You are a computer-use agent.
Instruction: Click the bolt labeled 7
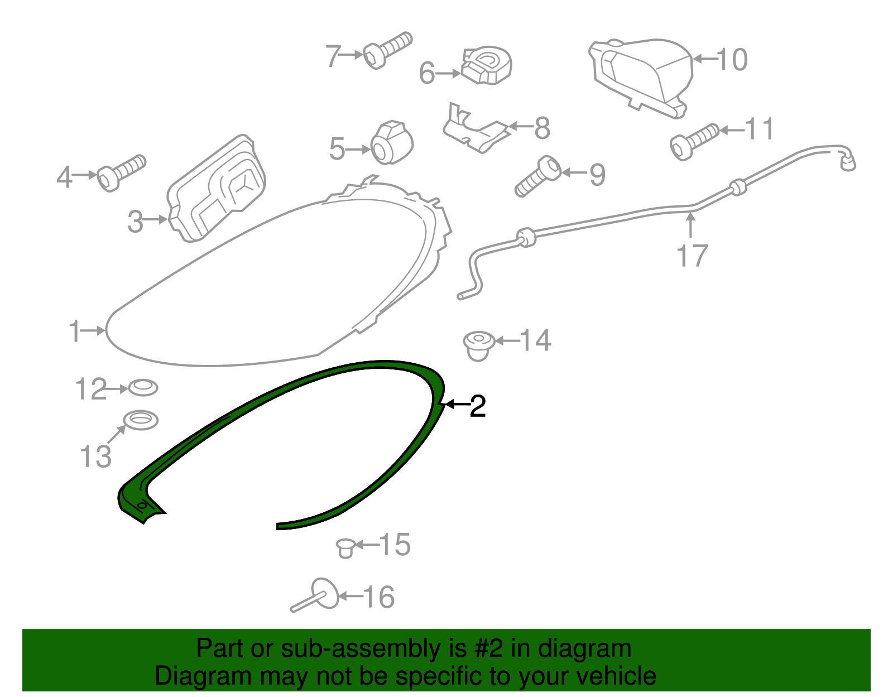[x=386, y=50]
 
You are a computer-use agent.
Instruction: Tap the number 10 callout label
[x=732, y=59]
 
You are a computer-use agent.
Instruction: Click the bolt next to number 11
[x=693, y=141]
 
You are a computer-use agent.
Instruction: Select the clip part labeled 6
[x=487, y=66]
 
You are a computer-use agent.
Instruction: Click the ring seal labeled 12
[x=143, y=387]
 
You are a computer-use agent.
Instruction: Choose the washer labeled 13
[x=141, y=420]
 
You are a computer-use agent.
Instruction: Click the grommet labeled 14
[x=479, y=345]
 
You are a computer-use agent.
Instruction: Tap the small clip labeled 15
[x=345, y=547]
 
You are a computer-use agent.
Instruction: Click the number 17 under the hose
[x=692, y=256]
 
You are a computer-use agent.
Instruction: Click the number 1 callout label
[x=74, y=330]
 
